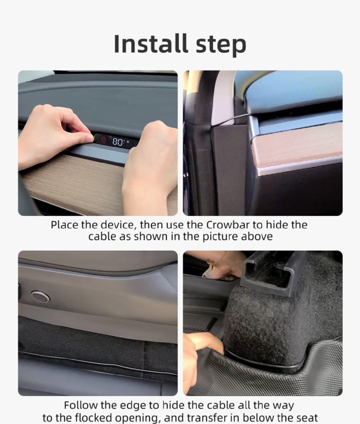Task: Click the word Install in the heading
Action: point(151,44)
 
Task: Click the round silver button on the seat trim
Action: point(40,297)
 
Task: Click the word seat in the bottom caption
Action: point(306,418)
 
